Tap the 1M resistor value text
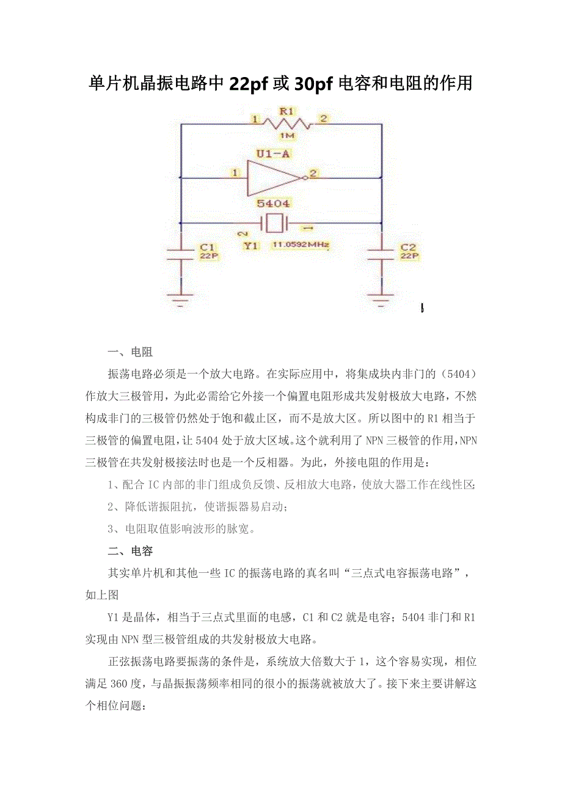286,135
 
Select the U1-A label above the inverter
273,154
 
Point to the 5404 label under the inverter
273,204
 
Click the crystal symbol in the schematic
274,223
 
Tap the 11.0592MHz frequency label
300,246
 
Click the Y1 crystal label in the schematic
250,246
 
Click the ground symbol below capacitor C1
181,299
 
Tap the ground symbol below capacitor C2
382,299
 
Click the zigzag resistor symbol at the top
286,123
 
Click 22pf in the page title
249,84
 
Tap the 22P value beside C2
409,256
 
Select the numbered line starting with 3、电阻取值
180,529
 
